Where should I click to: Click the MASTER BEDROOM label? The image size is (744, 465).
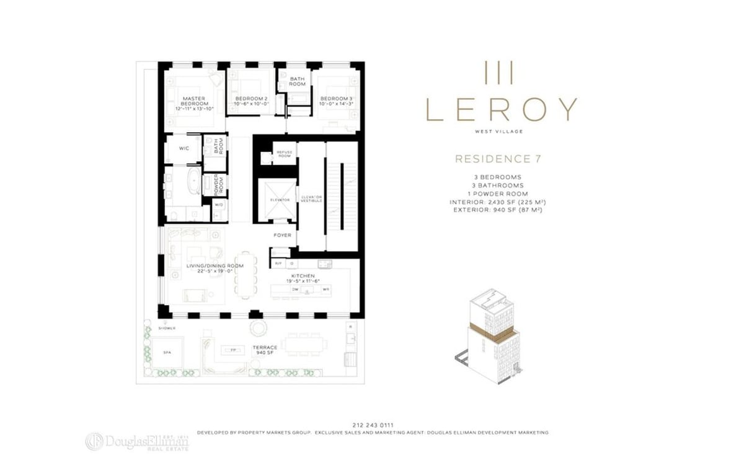[193, 100]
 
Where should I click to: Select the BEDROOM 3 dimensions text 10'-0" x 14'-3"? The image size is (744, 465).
[336, 105]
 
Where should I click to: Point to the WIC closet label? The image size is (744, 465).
[184, 149]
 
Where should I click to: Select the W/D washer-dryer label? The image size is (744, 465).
[219, 205]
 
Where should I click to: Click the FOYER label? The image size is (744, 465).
[282, 235]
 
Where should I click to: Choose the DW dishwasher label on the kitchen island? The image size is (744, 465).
[296, 289]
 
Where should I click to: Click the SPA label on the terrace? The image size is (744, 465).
[167, 352]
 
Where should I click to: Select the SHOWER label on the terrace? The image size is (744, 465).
[167, 327]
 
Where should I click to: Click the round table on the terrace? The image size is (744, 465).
[255, 327]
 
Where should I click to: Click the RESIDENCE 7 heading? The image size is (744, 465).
[498, 159]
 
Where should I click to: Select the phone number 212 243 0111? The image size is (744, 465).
[372, 425]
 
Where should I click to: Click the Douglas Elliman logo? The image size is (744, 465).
[138, 441]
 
